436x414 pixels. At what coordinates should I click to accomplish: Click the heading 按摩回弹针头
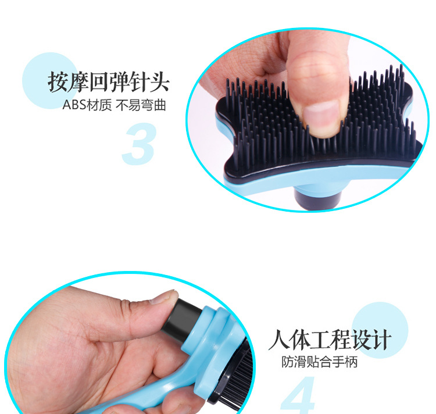108,83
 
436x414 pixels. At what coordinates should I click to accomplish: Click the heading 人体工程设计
330,341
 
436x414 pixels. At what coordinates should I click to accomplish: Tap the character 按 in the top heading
58,83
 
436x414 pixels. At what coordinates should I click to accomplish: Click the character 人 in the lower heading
280,341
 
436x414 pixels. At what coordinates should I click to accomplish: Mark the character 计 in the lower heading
380,341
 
